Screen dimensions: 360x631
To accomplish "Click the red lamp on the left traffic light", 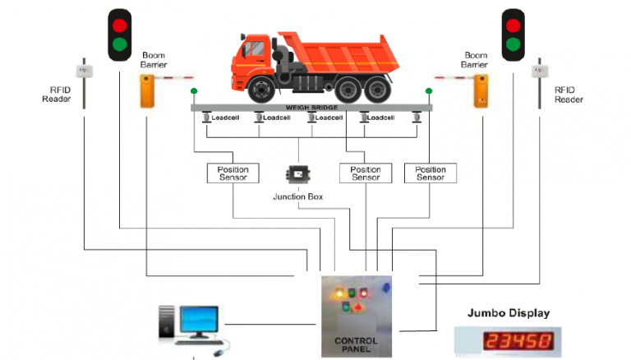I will pos(120,24).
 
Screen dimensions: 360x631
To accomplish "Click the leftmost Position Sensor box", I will pos(233,173).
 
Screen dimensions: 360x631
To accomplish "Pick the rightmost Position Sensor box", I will pos(430,173).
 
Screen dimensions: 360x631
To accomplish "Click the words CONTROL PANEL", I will pos(357,344).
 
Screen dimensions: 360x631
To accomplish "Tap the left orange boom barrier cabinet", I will pos(148,91).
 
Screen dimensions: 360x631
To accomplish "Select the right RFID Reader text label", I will pos(569,95).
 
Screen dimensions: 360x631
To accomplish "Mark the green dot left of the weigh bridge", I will pos(194,91).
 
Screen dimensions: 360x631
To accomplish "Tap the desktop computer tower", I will pos(167,322).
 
